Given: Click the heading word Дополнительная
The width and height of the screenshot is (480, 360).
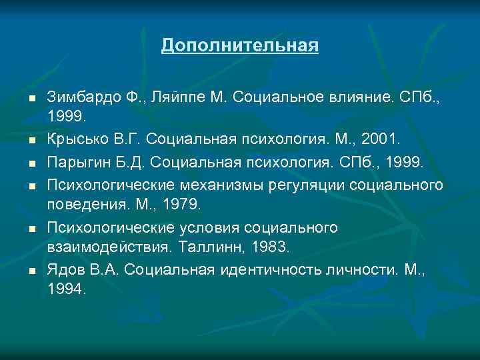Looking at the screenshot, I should point(240,46).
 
